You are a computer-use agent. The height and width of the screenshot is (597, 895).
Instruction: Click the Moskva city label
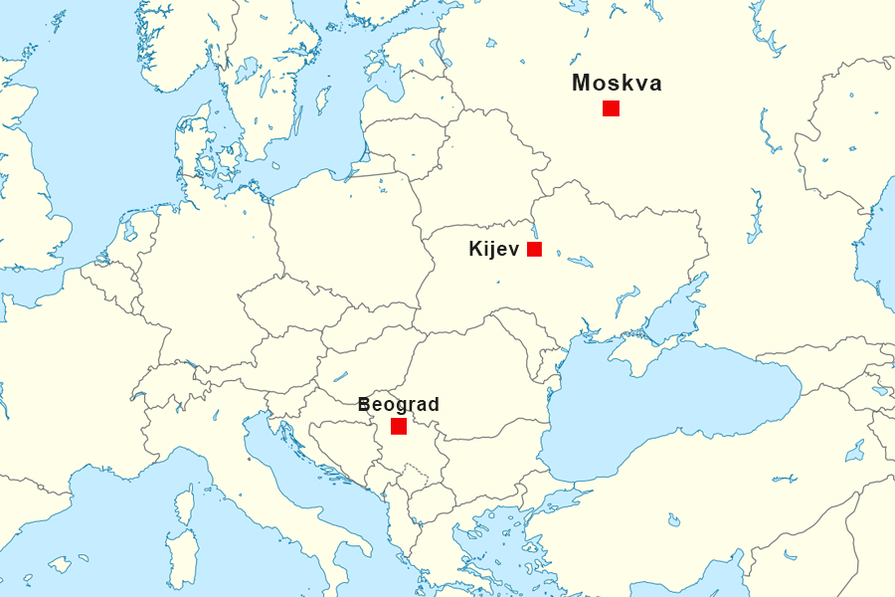pyautogui.click(x=617, y=84)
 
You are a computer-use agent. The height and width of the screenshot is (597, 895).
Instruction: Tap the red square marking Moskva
pyautogui.click(x=611, y=108)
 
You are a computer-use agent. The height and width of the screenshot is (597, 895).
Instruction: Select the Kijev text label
pyautogui.click(x=493, y=250)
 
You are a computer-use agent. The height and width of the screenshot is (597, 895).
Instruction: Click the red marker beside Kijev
pyautogui.click(x=534, y=249)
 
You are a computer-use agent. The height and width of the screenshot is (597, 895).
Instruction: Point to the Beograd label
pyautogui.click(x=398, y=405)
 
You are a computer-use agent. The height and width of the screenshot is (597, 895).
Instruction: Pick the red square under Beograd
pyautogui.click(x=399, y=426)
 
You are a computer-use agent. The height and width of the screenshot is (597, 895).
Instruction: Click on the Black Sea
pyautogui.click(x=666, y=408)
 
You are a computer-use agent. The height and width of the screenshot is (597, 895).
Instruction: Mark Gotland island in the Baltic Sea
pyautogui.click(x=322, y=99)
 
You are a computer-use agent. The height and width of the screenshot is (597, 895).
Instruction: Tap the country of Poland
pyautogui.click(x=348, y=239)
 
